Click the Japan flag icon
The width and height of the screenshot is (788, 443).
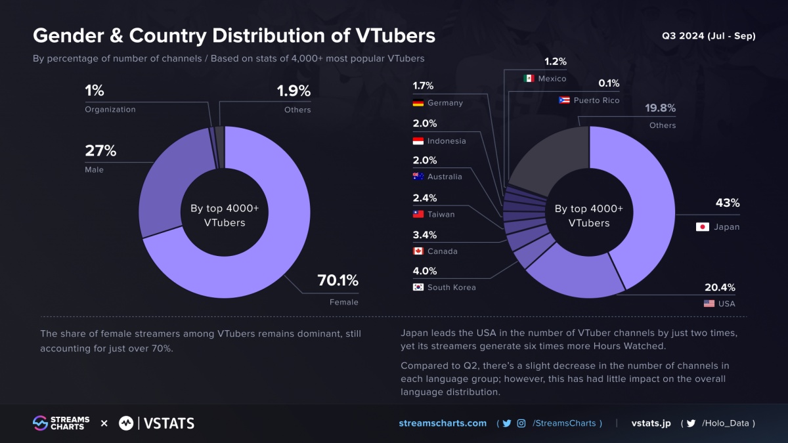point(702,227)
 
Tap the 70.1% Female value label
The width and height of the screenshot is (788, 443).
point(338,281)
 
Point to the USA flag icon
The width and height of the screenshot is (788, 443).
point(709,304)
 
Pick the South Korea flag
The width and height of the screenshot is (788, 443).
point(418,287)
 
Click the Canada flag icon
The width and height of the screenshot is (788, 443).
point(418,251)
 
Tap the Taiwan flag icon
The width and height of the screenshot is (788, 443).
point(418,214)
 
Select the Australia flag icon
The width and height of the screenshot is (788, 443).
point(418,177)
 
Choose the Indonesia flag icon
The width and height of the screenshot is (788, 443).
point(418,141)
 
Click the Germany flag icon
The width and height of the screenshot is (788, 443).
point(418,103)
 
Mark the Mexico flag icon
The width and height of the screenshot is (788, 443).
point(529,79)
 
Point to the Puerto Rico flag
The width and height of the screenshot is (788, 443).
point(563,100)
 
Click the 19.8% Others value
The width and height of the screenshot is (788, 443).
point(660,108)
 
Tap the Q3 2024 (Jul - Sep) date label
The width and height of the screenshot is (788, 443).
point(709,36)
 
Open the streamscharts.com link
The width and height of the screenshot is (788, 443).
point(443,423)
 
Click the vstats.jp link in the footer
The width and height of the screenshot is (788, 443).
point(651,423)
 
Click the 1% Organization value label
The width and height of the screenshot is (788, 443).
point(95,91)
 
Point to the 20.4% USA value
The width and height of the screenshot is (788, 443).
point(720,287)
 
